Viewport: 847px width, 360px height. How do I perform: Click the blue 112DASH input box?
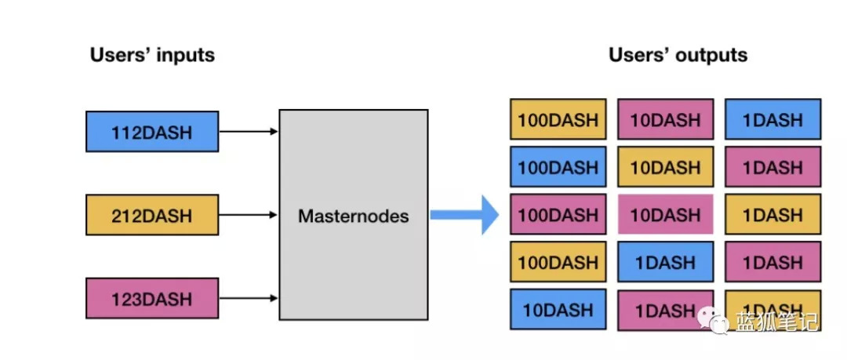click(x=152, y=132)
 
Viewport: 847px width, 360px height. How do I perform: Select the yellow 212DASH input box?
click(x=152, y=215)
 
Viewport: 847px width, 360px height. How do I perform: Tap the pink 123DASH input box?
click(x=152, y=298)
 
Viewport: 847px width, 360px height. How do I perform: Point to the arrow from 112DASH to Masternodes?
click(x=249, y=132)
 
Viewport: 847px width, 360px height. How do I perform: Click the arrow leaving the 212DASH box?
click(x=249, y=215)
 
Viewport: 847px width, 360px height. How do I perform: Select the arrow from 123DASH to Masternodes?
click(x=249, y=298)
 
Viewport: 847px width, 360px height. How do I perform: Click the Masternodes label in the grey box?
click(x=354, y=216)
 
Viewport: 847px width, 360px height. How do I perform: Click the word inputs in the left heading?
click(x=182, y=56)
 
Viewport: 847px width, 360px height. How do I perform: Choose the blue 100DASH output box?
click(x=558, y=166)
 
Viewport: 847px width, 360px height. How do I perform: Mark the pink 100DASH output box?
click(x=558, y=214)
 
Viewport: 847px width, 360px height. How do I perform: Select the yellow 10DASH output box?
click(x=666, y=166)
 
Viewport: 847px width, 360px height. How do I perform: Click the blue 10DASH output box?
click(x=558, y=309)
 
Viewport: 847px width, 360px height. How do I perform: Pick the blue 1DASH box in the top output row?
click(x=772, y=119)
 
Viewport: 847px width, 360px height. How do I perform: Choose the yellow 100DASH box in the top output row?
click(x=558, y=119)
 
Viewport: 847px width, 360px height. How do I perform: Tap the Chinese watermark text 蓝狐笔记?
click(x=776, y=322)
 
